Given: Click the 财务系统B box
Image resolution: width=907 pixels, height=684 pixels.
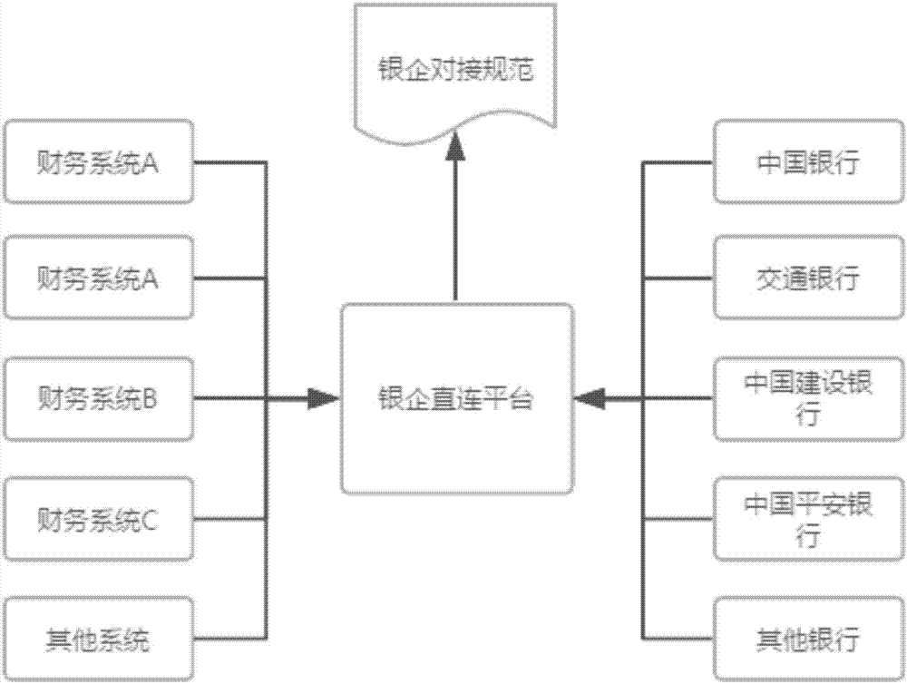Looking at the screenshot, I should tap(98, 398).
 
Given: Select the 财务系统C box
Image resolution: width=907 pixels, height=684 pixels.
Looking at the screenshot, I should tap(98, 520).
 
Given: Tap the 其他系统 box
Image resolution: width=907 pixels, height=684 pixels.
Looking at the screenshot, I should tap(98, 640).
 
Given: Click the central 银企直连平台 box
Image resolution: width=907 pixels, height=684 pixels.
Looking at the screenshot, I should tap(455, 398).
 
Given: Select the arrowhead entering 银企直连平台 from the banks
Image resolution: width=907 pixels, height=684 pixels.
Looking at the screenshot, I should tap(592, 398).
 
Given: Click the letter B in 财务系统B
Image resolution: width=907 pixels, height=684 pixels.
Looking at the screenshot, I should tap(151, 398).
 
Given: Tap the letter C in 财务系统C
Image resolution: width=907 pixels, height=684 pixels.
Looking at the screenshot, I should tap(151, 521).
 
